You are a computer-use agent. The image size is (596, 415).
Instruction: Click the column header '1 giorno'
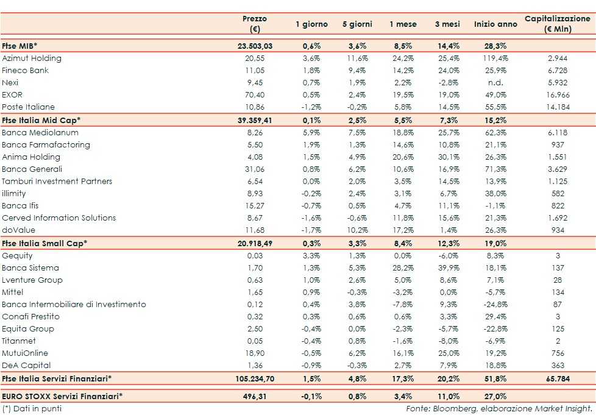click(x=311, y=24)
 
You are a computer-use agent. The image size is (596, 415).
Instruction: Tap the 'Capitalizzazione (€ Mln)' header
click(x=558, y=24)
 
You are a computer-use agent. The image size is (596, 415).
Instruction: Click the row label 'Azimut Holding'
click(x=32, y=59)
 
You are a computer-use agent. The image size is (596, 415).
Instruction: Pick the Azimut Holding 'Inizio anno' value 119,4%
click(x=495, y=59)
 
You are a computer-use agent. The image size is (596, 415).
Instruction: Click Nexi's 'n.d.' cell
click(x=495, y=83)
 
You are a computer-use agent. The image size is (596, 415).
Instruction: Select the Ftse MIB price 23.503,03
click(x=254, y=46)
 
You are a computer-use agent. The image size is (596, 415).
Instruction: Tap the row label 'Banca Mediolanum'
click(x=40, y=132)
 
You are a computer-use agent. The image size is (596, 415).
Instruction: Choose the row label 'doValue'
click(x=18, y=230)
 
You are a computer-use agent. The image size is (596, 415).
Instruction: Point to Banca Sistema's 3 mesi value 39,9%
click(x=449, y=268)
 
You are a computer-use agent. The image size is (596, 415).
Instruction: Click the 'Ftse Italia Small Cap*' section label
click(x=44, y=243)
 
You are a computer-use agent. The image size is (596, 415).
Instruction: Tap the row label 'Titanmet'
click(x=19, y=341)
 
